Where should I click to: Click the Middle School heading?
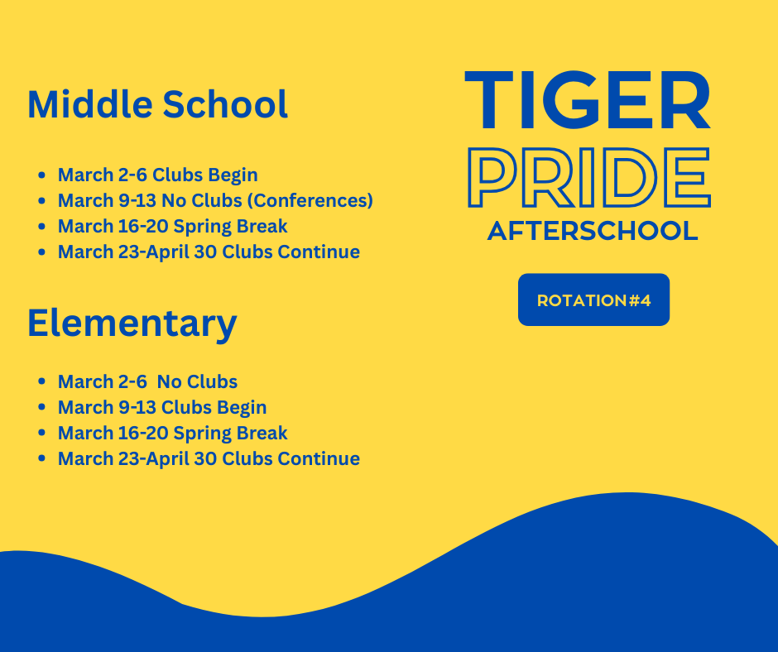157,105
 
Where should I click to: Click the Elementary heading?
132,323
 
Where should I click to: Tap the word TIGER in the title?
588,101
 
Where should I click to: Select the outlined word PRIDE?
588,177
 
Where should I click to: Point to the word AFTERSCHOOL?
593,231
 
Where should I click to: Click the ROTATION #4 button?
593,300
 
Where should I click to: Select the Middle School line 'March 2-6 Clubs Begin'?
157,175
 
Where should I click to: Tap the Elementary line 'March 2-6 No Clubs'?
147,381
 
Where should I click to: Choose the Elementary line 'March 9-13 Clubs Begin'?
162,407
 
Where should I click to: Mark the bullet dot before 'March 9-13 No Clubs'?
41,201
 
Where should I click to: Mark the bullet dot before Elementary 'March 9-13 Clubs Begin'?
41,408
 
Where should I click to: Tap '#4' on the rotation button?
640,300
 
